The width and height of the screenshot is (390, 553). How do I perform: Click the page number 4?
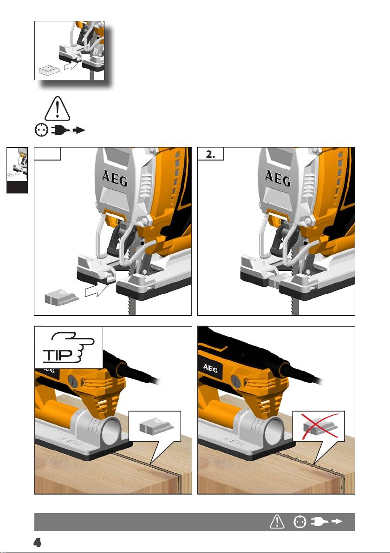[x=37, y=542]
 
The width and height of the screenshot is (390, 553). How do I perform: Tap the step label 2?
[x=210, y=154]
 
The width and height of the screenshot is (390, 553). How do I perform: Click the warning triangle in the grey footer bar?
[x=277, y=521]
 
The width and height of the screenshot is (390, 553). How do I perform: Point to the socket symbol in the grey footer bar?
[x=300, y=522]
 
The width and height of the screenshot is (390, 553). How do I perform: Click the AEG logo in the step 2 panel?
[x=278, y=178]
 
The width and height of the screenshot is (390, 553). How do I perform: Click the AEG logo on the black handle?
[x=210, y=368]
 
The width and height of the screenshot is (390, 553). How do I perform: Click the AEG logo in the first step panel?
[x=115, y=178]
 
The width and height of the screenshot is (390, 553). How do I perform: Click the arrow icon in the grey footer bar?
[x=337, y=521]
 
